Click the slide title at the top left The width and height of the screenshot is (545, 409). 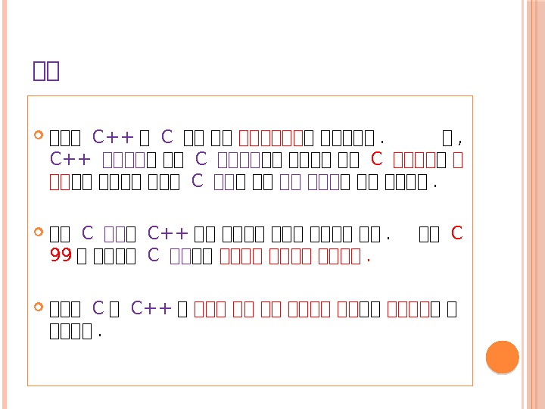(46, 71)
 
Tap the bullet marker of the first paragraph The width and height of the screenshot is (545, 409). (39, 138)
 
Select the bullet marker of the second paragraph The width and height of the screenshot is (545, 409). (39, 234)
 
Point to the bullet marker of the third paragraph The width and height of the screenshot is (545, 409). (39, 309)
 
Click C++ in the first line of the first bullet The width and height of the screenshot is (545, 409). (113, 139)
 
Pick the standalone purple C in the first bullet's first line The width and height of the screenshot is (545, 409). (167, 139)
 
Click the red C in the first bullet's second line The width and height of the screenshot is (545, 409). (377, 160)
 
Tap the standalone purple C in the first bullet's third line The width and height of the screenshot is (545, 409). (198, 181)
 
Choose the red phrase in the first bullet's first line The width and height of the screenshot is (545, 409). (271, 139)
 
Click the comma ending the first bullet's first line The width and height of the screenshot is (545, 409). (460, 140)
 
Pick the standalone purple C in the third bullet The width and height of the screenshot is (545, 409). (97, 309)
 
